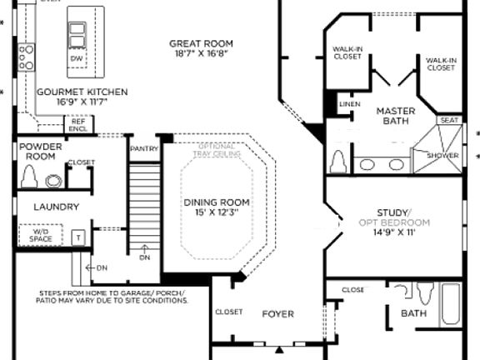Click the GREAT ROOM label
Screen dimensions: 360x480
click(x=201, y=43)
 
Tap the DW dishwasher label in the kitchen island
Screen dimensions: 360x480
click(x=77, y=59)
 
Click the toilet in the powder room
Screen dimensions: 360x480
click(x=30, y=176)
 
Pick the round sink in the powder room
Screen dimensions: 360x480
click(x=54, y=179)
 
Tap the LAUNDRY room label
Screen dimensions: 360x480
click(x=56, y=207)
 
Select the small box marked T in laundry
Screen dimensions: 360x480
click(x=80, y=237)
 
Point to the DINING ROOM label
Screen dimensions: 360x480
click(x=216, y=202)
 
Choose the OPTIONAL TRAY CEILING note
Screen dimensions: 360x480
click(x=219, y=150)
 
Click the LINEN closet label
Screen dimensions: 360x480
click(x=348, y=104)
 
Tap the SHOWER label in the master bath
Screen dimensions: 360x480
click(x=442, y=155)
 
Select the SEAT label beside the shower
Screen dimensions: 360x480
click(x=449, y=121)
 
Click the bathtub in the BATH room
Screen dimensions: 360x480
click(x=450, y=304)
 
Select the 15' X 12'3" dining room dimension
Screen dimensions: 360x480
click(x=216, y=212)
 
